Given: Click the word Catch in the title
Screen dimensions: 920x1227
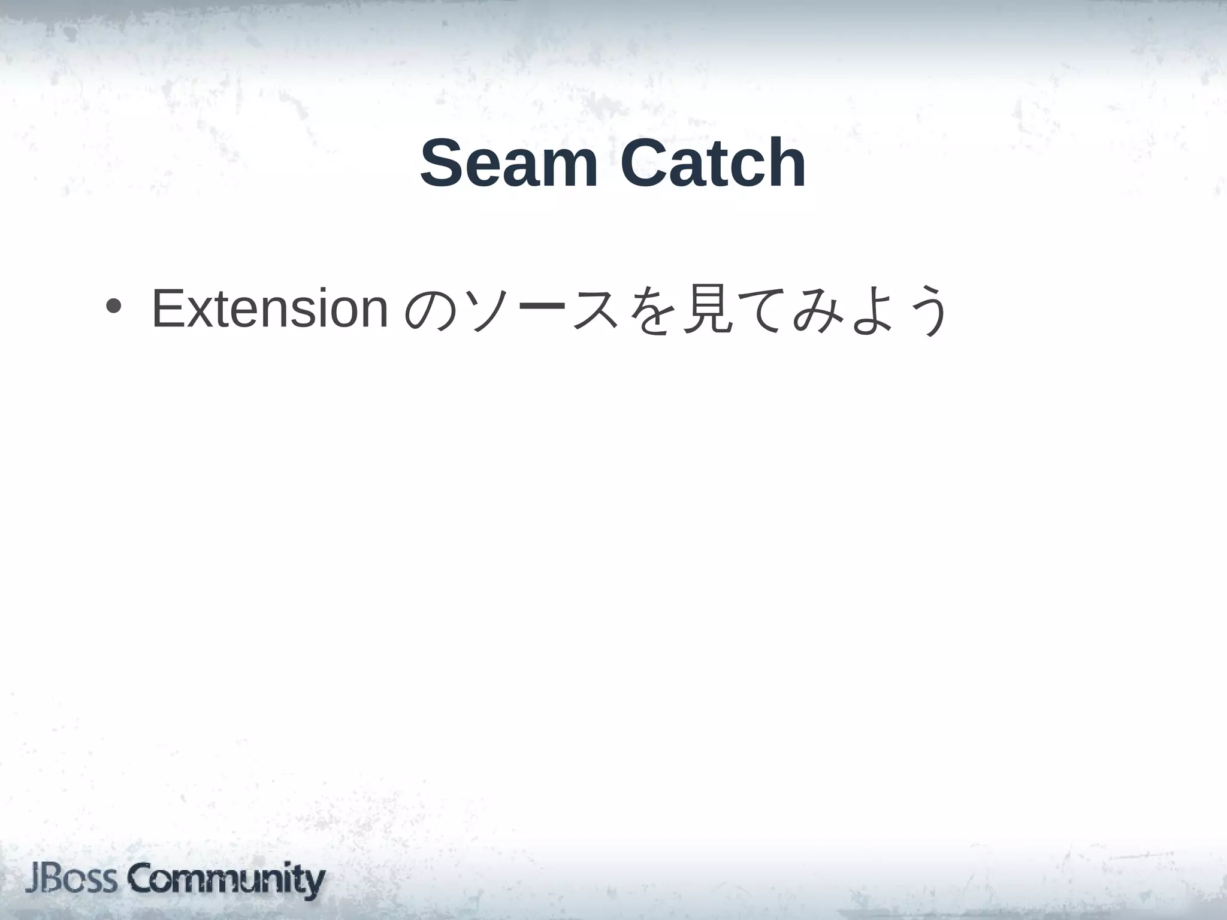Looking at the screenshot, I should (x=713, y=163).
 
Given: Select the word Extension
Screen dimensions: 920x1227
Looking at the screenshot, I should (x=270, y=309).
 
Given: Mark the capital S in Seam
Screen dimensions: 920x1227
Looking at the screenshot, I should (x=443, y=163).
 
